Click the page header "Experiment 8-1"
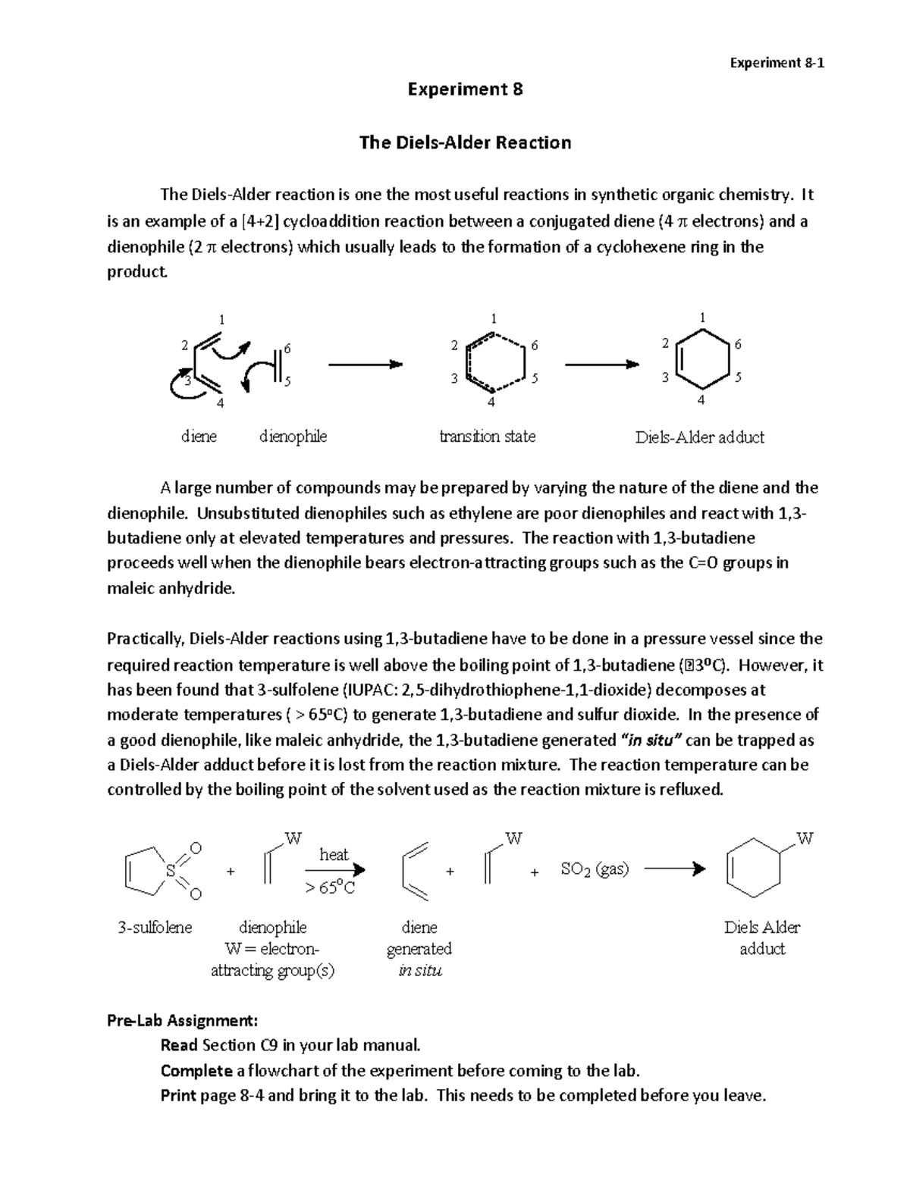[777, 63]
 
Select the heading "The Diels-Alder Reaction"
[465, 142]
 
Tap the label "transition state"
[488, 437]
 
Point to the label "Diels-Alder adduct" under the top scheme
[699, 437]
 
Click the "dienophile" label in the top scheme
[293, 437]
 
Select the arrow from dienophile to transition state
[364, 365]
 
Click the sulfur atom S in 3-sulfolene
[171, 871]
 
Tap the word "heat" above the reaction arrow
[334, 855]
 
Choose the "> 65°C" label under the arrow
[330, 887]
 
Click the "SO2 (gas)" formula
[595, 869]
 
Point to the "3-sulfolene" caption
[155, 928]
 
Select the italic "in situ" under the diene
[419, 971]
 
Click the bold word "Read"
[179, 1045]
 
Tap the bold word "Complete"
[196, 1070]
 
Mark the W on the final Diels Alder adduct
[805, 839]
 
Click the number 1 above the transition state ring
[494, 318]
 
